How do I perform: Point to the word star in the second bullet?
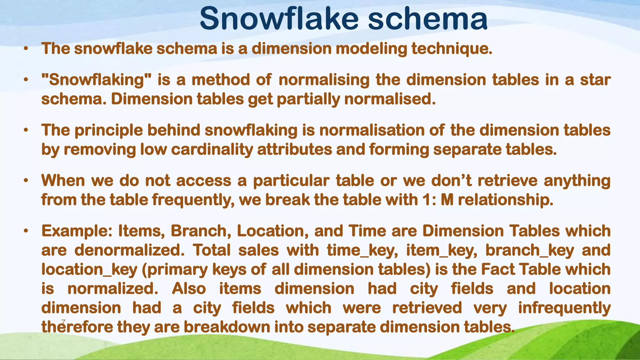pyautogui.click(x=595, y=80)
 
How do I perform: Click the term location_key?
pyautogui.click(x=89, y=270)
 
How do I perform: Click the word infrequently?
pyautogui.click(x=564, y=308)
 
